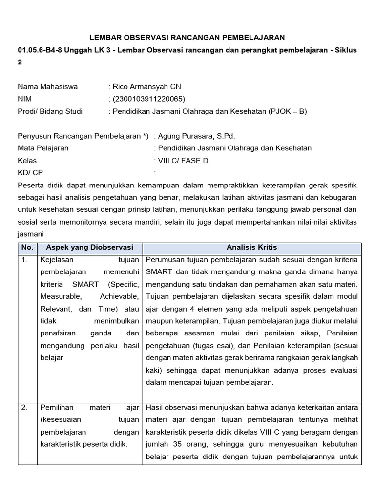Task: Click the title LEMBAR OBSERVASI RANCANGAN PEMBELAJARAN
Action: coord(187,37)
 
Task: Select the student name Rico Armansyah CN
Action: coord(147,87)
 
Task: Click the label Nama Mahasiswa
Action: coord(48,87)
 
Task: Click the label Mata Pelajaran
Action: coord(43,148)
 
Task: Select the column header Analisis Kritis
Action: coord(251,247)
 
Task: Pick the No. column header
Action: coord(27,247)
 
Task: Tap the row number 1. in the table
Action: coord(25,259)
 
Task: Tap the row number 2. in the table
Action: coord(25,407)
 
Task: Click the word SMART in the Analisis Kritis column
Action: coord(159,271)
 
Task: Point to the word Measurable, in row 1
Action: coord(62,296)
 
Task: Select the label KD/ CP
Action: coord(31,172)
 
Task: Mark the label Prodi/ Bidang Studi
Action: coord(50,111)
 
